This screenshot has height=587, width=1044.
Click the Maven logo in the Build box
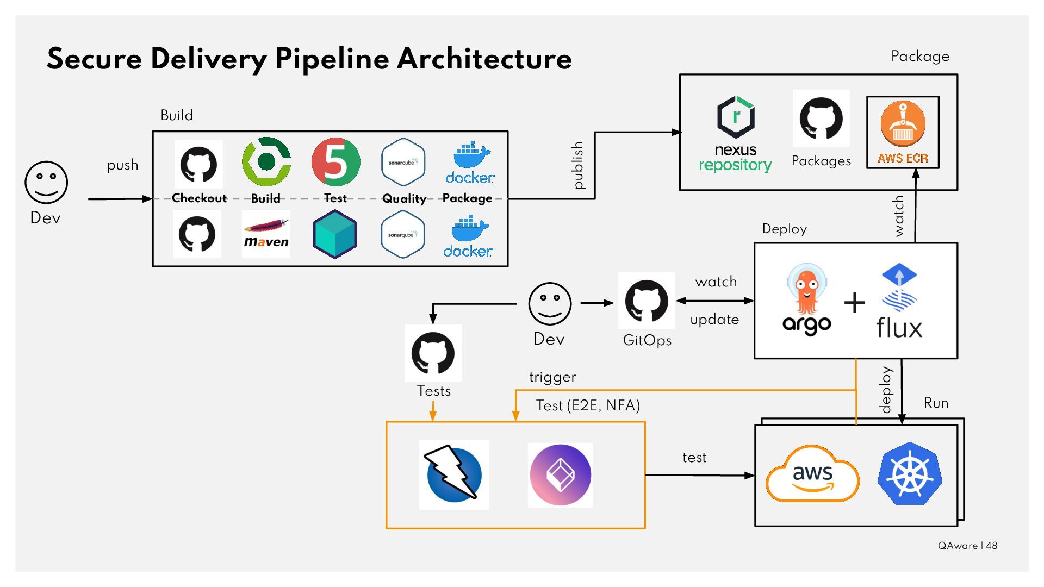[x=266, y=234]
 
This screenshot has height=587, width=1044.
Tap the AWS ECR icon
[x=903, y=132]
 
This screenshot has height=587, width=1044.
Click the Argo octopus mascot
[x=807, y=291]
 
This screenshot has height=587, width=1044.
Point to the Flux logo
[x=899, y=302]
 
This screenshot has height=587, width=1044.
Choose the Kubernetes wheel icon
[x=910, y=473]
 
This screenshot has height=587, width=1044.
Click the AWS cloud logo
[x=812, y=474]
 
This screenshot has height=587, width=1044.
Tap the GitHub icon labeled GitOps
[x=647, y=301]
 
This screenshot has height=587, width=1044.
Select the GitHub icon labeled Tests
[x=433, y=353]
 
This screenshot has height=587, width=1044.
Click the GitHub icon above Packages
[x=821, y=118]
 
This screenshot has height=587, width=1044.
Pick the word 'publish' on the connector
[x=578, y=165]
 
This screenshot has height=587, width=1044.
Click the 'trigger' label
[x=552, y=377]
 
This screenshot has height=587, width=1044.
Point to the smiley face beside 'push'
[x=46, y=182]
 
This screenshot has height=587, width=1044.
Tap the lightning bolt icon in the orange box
[x=454, y=474]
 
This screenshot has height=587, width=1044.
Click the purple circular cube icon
[x=560, y=475]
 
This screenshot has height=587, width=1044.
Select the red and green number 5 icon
[x=335, y=162]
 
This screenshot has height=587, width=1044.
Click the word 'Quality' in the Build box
[x=404, y=198]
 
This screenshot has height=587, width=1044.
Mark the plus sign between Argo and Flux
[x=854, y=303]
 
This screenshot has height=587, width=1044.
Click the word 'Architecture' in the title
[x=484, y=59]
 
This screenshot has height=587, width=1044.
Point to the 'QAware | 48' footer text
[x=967, y=546]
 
